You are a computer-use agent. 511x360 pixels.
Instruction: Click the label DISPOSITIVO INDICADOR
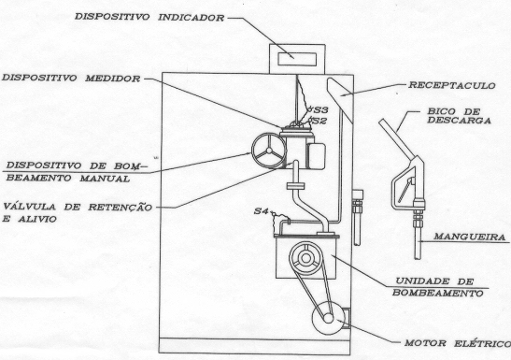(149, 17)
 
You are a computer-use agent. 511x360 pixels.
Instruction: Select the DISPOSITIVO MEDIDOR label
(71, 79)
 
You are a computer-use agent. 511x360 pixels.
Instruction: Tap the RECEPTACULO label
(452, 85)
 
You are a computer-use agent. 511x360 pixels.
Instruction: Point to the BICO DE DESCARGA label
(460, 116)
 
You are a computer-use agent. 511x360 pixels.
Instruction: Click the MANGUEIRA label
(470, 237)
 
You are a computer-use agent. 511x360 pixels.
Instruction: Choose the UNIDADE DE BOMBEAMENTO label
(438, 287)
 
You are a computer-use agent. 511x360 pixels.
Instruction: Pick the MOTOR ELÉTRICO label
(458, 343)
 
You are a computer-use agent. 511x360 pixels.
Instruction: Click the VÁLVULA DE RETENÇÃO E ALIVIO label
(78, 212)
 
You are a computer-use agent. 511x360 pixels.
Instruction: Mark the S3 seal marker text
(320, 108)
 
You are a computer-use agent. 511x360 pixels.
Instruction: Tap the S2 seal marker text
(319, 121)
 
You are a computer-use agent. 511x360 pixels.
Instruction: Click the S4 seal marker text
(261, 211)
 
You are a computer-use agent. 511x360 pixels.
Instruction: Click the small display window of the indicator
(297, 59)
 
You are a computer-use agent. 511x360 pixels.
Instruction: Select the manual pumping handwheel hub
(269, 151)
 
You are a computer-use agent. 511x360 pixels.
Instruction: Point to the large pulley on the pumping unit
(305, 258)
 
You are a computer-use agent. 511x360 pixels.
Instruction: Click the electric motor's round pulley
(329, 318)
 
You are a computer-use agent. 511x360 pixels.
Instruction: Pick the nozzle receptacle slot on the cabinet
(340, 99)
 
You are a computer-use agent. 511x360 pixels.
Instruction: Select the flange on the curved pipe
(295, 186)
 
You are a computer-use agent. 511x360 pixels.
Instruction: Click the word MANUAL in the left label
(105, 179)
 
